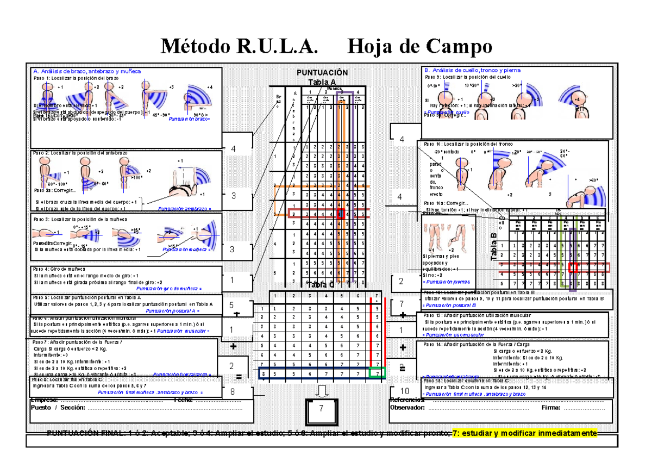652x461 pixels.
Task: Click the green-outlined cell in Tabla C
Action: tap(376, 373)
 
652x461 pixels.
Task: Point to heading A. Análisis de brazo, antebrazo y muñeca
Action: tap(87, 71)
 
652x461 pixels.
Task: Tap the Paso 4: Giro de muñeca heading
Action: tap(59, 269)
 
